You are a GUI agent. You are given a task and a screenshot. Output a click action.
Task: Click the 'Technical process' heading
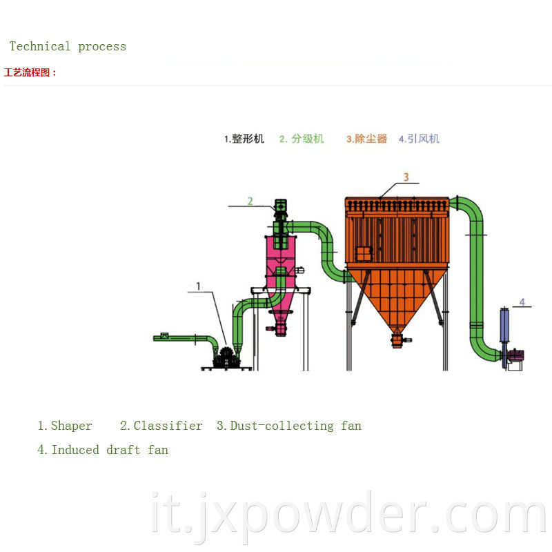tap(68, 46)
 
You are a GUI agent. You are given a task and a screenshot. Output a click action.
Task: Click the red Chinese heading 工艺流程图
tap(30, 72)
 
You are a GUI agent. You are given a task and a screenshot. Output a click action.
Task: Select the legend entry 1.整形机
tap(244, 139)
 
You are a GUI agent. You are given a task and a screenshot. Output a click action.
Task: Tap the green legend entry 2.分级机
tap(302, 139)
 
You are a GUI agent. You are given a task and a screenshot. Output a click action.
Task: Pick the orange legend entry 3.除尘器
tap(366, 139)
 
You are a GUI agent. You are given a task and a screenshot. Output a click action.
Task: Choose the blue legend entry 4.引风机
tap(419, 139)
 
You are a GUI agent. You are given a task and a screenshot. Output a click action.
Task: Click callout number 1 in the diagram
tap(198, 286)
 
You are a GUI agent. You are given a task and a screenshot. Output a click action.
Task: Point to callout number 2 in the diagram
tap(250, 201)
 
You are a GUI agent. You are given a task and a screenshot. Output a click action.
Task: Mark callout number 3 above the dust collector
tap(406, 177)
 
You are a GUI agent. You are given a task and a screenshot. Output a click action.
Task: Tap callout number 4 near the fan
tap(522, 302)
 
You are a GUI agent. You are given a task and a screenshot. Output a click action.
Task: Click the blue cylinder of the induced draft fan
tap(504, 325)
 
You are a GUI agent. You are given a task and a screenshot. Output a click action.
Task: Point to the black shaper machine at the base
tap(226, 358)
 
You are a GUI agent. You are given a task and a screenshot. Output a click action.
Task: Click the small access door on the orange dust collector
tap(364, 254)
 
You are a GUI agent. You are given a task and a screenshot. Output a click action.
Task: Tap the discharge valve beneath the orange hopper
tap(398, 341)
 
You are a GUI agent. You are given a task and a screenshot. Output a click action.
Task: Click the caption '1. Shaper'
tap(64, 426)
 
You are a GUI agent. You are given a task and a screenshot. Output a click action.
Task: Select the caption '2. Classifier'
tap(161, 426)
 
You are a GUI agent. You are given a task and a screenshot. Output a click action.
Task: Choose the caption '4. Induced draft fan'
tap(103, 450)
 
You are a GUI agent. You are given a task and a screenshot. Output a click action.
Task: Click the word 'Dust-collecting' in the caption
tap(282, 426)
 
